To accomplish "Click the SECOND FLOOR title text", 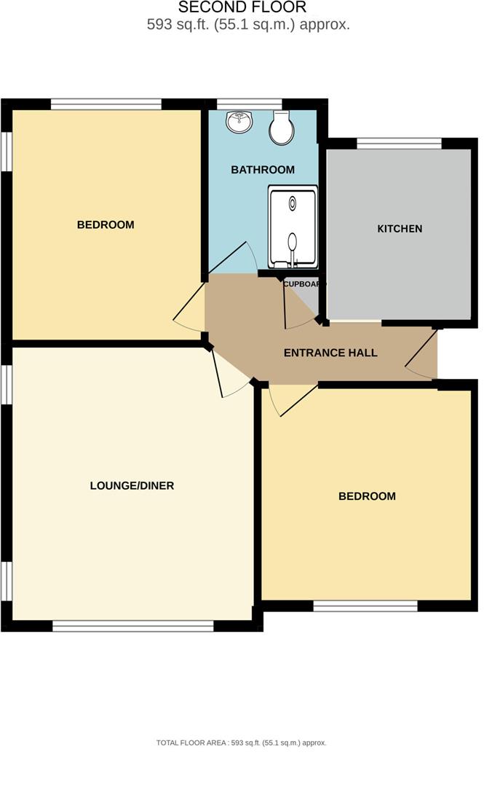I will click(242, 8).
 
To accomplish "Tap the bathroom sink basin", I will click(238, 122).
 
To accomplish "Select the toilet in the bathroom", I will click(281, 128).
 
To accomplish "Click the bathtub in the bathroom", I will click(293, 227).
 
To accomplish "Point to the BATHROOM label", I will click(263, 170).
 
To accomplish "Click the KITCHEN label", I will click(399, 229).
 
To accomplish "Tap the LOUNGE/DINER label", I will click(132, 485).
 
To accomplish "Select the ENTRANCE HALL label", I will click(330, 353).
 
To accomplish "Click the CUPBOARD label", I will click(304, 284).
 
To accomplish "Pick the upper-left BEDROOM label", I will click(106, 224).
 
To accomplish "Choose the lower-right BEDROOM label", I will click(367, 496).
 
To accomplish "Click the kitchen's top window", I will click(399, 144).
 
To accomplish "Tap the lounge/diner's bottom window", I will click(132, 626).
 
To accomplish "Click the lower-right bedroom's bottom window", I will click(365, 606).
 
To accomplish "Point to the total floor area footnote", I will click(242, 743).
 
